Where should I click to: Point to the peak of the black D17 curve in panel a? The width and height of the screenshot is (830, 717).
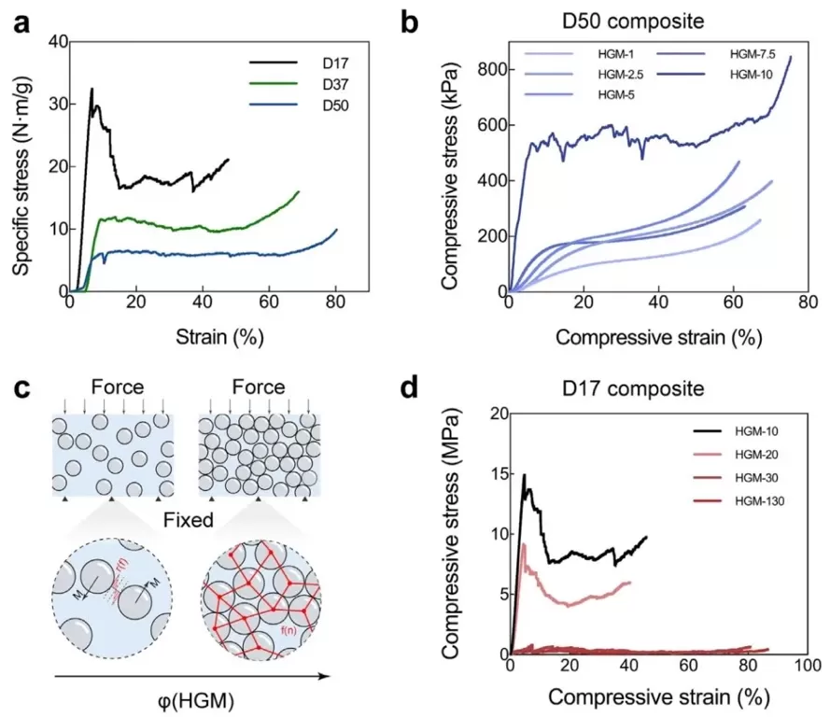point(91,89)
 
